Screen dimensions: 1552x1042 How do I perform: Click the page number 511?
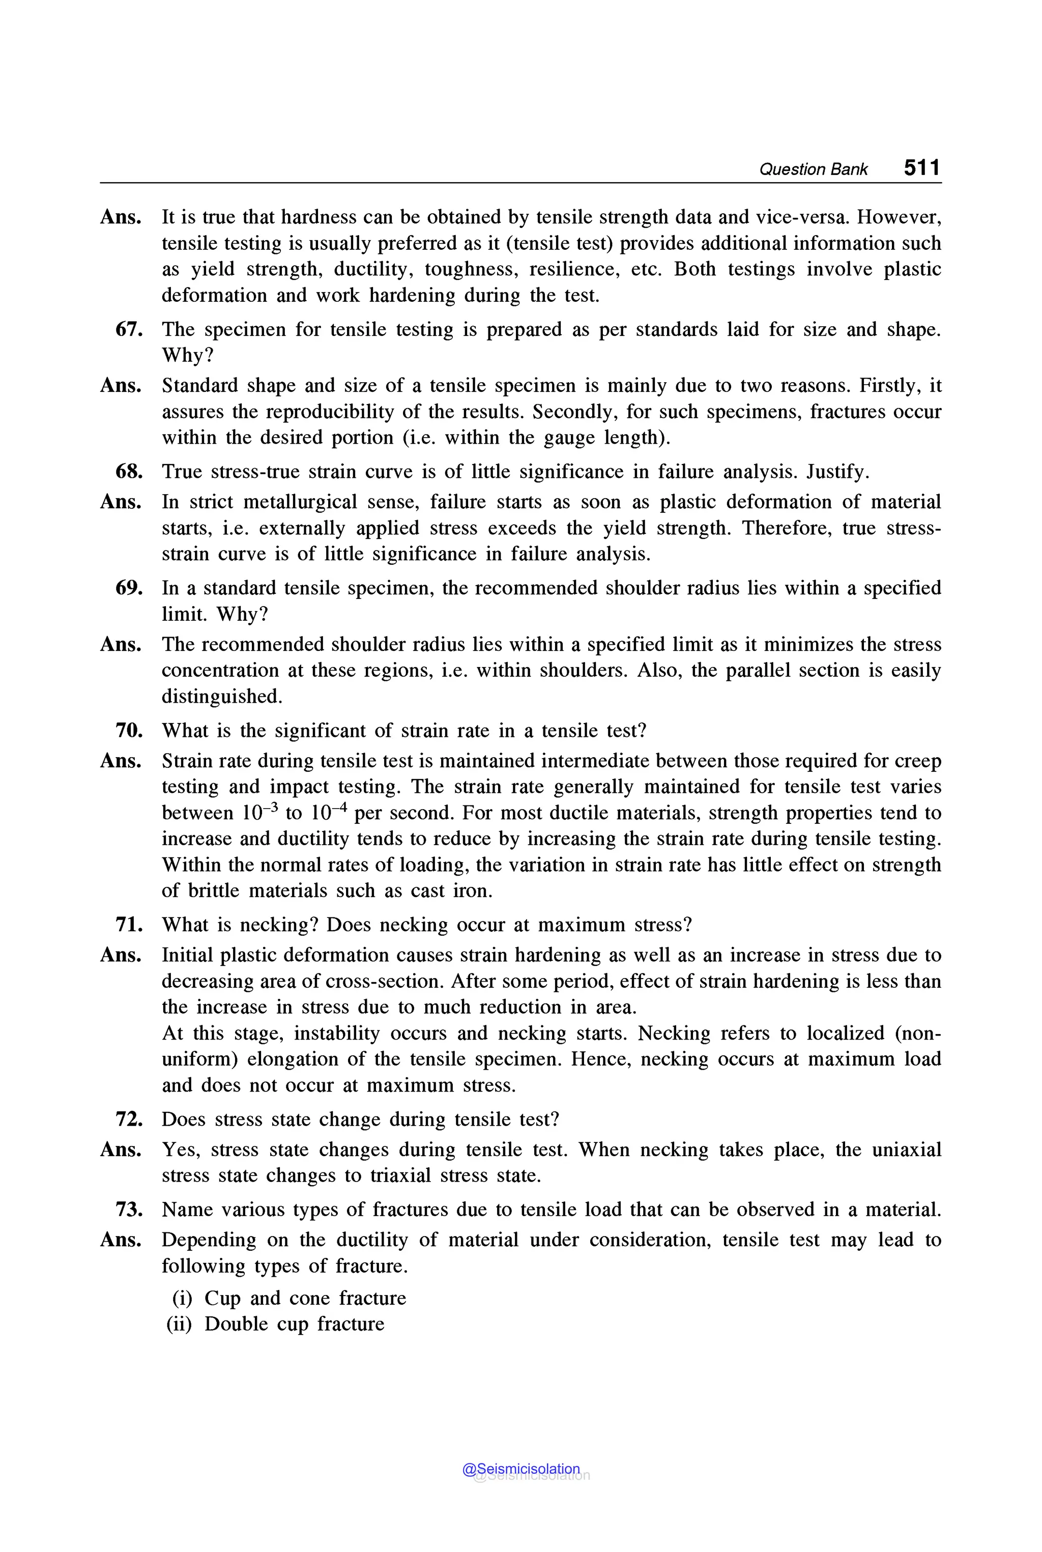pos(922,167)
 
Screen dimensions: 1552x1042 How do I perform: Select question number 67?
pos(129,329)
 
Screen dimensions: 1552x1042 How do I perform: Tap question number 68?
pos(129,472)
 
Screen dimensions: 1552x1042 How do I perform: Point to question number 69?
pos(129,588)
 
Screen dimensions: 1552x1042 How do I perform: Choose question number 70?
pos(129,731)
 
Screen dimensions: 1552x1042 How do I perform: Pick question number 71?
pos(129,925)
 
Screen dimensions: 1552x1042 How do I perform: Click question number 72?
pos(129,1119)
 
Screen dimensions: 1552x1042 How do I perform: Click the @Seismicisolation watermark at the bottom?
pos(521,1469)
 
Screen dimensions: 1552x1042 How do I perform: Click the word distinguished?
pos(222,697)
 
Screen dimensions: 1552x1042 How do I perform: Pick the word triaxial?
pos(401,1176)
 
